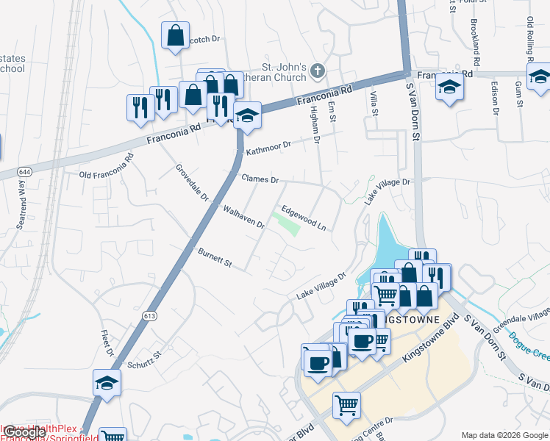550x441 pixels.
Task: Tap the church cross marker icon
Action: click(x=317, y=71)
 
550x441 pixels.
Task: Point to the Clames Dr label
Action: click(x=260, y=179)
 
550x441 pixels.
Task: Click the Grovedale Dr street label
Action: click(x=193, y=182)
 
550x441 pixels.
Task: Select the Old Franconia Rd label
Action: click(x=107, y=166)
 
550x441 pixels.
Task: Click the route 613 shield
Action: click(x=150, y=315)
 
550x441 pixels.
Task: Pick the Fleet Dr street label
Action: click(x=107, y=342)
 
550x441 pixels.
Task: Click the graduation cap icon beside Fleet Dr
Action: click(x=107, y=382)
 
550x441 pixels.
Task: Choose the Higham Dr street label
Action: click(x=316, y=122)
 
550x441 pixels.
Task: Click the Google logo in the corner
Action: click(x=24, y=433)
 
